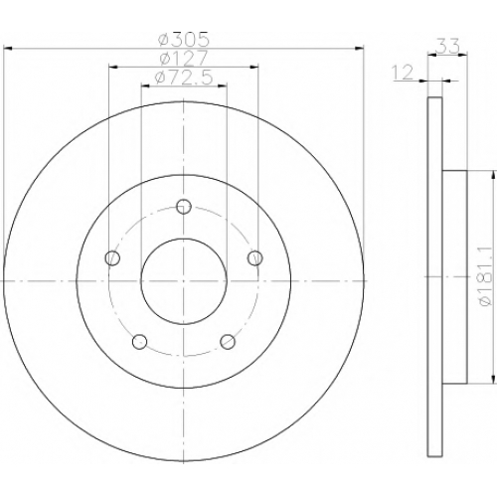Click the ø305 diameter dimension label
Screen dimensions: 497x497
pyautogui.click(x=184, y=40)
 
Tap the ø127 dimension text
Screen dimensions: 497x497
pyautogui.click(x=183, y=59)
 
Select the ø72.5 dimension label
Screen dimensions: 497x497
pyautogui.click(x=183, y=79)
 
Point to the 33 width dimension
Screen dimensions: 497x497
pyautogui.click(x=448, y=46)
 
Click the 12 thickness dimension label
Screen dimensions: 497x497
pyautogui.click(x=403, y=73)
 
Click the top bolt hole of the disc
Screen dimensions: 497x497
pyautogui.click(x=184, y=207)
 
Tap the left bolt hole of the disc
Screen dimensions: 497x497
pyautogui.click(x=112, y=257)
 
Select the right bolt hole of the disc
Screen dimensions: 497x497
pyautogui.click(x=255, y=258)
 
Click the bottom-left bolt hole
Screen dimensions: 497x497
pyautogui.click(x=139, y=342)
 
